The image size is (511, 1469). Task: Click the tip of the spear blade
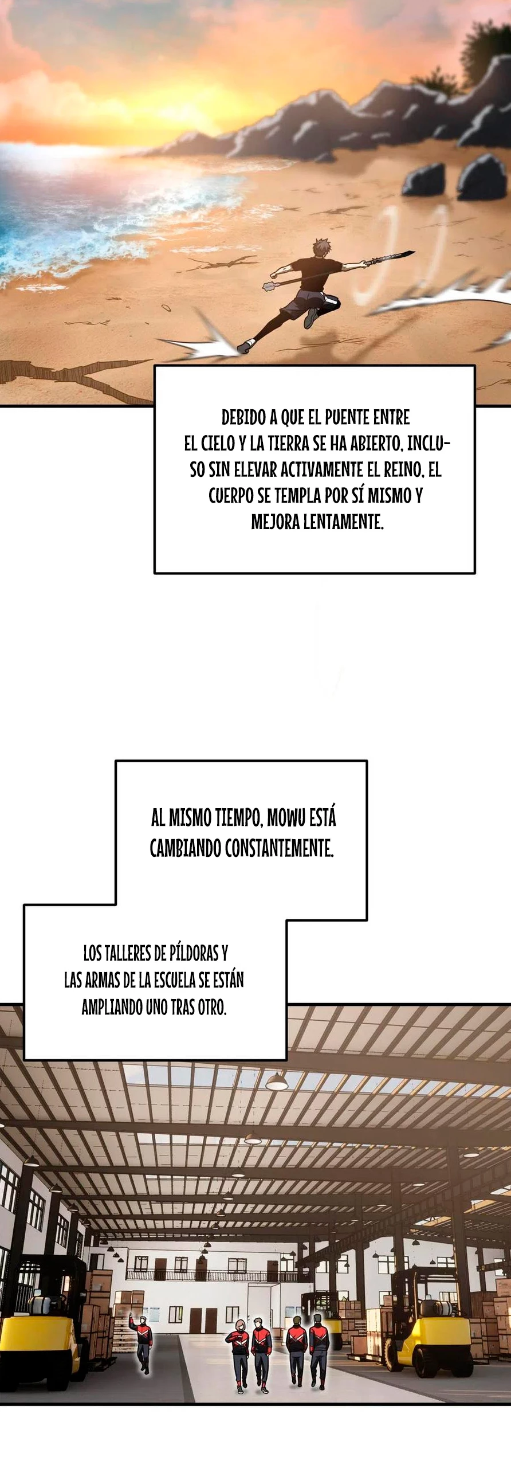tap(414, 251)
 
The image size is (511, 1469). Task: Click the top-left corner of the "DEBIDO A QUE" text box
tap(155, 366)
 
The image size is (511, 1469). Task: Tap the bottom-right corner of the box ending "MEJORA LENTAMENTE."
tap(474, 573)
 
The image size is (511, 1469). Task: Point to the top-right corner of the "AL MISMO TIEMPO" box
tap(366, 761)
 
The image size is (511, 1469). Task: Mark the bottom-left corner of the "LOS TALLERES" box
tap(24, 1059)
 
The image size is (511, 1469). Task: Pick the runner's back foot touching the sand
tap(244, 346)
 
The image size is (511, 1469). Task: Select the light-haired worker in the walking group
tap(239, 1356)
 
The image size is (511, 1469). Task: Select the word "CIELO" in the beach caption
tap(218, 443)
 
